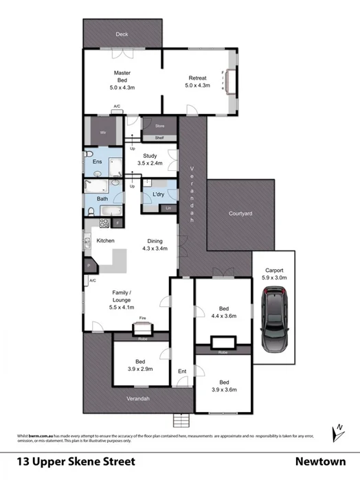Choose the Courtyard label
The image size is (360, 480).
click(x=240, y=214)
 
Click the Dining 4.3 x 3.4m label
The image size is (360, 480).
click(x=155, y=244)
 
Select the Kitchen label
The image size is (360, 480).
click(x=105, y=240)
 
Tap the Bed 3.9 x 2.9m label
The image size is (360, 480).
click(x=139, y=365)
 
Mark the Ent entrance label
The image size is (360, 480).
click(x=182, y=372)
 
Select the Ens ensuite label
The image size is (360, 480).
click(x=98, y=162)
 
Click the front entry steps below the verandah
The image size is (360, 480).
click(x=181, y=420)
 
